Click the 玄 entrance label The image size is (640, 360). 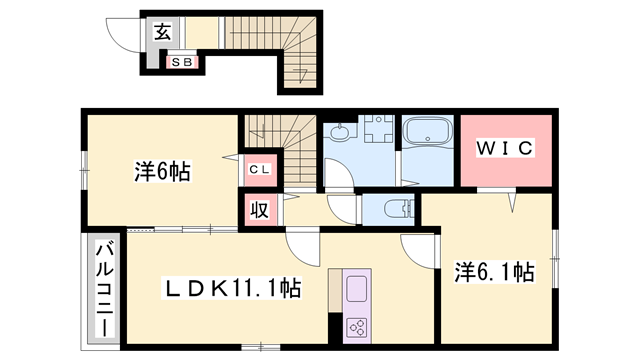[163, 30]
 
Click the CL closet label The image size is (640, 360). [258, 169]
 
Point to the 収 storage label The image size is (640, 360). [258, 210]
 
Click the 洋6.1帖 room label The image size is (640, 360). [495, 271]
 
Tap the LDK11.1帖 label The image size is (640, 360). [234, 288]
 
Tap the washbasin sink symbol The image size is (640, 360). [339, 132]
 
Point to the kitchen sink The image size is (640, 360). [357, 289]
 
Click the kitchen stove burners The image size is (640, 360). [357, 326]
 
